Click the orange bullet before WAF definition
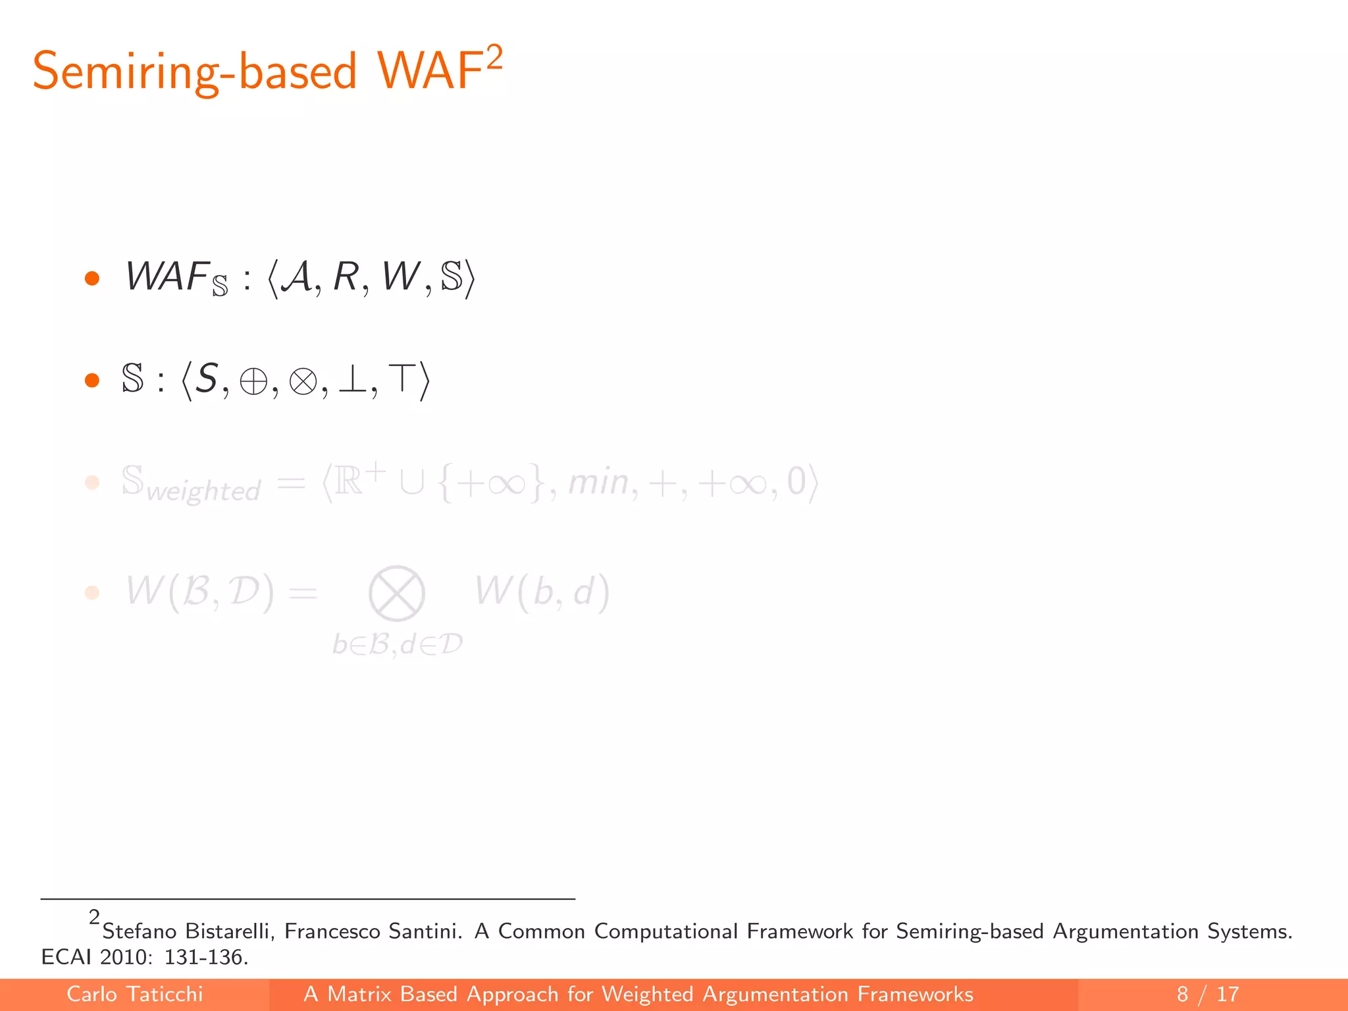pyautogui.click(x=92, y=278)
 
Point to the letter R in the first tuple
pyautogui.click(x=346, y=276)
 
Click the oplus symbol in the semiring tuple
pyautogui.click(x=253, y=381)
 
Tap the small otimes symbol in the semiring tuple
pyautogui.click(x=303, y=381)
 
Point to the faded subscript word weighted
pyautogui.click(x=203, y=491)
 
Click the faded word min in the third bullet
pyautogui.click(x=598, y=482)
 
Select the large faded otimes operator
pyautogui.click(x=396, y=594)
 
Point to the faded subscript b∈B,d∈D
pyautogui.click(x=398, y=644)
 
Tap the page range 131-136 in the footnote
pyautogui.click(x=205, y=957)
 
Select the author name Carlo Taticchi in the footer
pyautogui.click(x=135, y=994)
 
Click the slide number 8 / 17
pyautogui.click(x=1208, y=994)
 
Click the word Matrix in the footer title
pyautogui.click(x=359, y=994)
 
